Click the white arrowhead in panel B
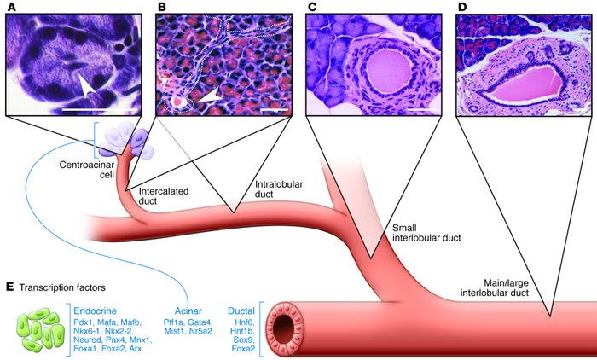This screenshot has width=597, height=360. [x=207, y=100]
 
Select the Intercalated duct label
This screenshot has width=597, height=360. [x=159, y=197]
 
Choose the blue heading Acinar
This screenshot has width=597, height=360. [x=185, y=310]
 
